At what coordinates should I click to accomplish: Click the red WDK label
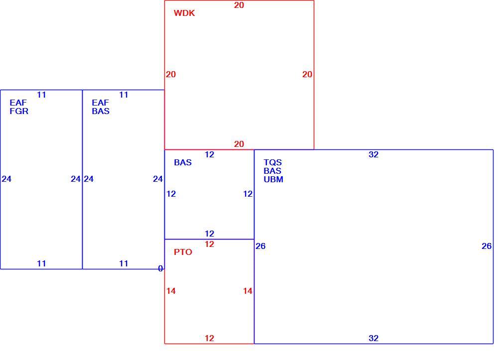point(184,13)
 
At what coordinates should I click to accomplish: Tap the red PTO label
point(183,252)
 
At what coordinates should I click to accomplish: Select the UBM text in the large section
point(273,179)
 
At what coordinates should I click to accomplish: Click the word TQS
point(272,162)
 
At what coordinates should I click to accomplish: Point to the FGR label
point(19,111)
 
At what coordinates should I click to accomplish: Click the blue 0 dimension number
point(160,268)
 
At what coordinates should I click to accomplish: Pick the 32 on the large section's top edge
point(373,154)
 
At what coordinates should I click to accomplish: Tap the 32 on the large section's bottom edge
point(373,338)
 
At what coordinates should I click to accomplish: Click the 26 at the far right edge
point(487,246)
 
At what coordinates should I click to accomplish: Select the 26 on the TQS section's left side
point(260,246)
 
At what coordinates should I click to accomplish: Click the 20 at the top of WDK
point(239,5)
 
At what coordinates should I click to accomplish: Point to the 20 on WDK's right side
point(307,74)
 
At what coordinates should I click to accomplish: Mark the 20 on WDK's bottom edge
point(239,144)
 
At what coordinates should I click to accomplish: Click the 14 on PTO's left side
point(171,291)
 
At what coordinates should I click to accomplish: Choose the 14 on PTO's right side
point(248,291)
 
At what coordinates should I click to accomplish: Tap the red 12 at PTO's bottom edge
point(209,338)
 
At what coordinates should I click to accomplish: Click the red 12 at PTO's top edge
point(209,244)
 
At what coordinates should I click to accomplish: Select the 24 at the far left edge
point(6,179)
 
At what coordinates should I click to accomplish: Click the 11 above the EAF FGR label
point(41,95)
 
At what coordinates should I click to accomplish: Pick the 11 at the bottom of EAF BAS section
point(124,263)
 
